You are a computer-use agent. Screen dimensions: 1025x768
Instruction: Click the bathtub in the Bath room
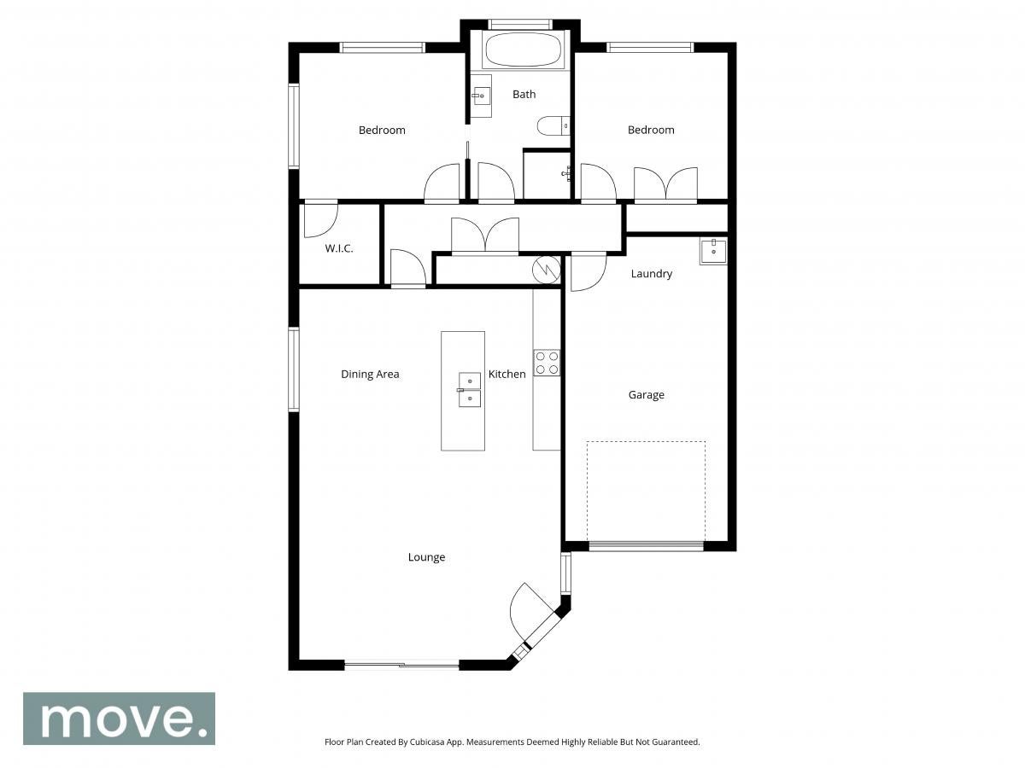coord(519,49)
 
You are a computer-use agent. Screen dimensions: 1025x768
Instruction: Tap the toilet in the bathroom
coord(553,125)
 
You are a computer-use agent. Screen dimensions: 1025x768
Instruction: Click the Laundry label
coord(652,274)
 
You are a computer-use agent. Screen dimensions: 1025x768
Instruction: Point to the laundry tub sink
coord(713,252)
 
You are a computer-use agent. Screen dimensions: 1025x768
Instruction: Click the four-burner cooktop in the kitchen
coord(547,363)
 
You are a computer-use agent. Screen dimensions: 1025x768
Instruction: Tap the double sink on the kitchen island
coord(468,390)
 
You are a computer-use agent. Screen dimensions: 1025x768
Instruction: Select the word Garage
coord(647,395)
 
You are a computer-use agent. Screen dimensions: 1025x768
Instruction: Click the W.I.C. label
coord(338,248)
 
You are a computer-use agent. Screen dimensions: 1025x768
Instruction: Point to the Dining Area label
coord(370,374)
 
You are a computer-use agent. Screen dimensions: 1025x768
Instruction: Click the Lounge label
coord(426,557)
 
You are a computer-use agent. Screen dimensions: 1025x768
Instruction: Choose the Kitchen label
coord(507,374)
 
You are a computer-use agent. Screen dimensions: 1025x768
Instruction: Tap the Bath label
coord(524,94)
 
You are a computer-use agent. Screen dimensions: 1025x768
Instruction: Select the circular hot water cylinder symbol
coord(547,270)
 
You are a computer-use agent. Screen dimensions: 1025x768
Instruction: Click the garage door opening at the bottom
coord(647,546)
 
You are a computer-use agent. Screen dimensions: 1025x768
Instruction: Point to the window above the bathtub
coord(520,24)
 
